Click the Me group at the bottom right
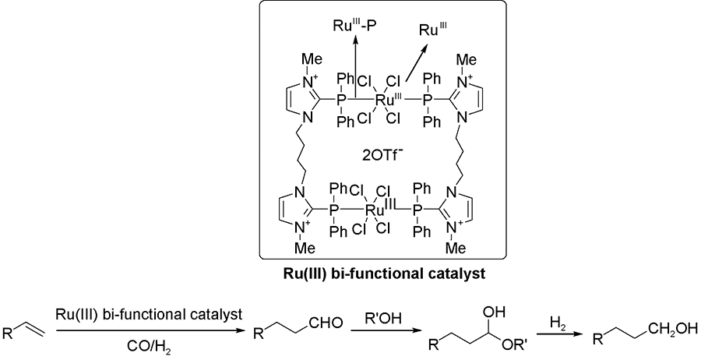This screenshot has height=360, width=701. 462,249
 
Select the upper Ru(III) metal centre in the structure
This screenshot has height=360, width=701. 383,100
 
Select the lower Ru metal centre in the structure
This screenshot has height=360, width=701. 378,210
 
